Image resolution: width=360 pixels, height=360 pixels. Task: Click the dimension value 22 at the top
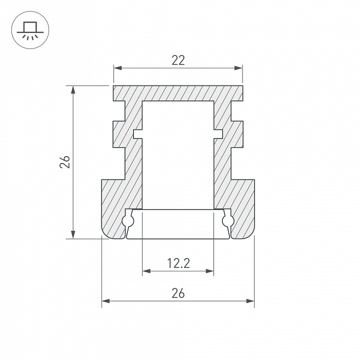[178, 60]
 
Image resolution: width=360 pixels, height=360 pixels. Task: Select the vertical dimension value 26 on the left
[65, 162]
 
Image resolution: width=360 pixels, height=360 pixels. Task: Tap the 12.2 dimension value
[178, 263]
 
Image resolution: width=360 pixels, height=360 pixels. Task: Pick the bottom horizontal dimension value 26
[178, 293]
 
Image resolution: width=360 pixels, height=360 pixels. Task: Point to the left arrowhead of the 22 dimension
[118, 68]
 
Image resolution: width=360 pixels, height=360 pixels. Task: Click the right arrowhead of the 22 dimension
[238, 68]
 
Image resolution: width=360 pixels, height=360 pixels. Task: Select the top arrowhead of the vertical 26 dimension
[73, 90]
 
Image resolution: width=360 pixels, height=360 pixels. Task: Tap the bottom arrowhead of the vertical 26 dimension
[73, 234]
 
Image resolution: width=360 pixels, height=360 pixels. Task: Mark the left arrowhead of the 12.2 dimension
[146, 271]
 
